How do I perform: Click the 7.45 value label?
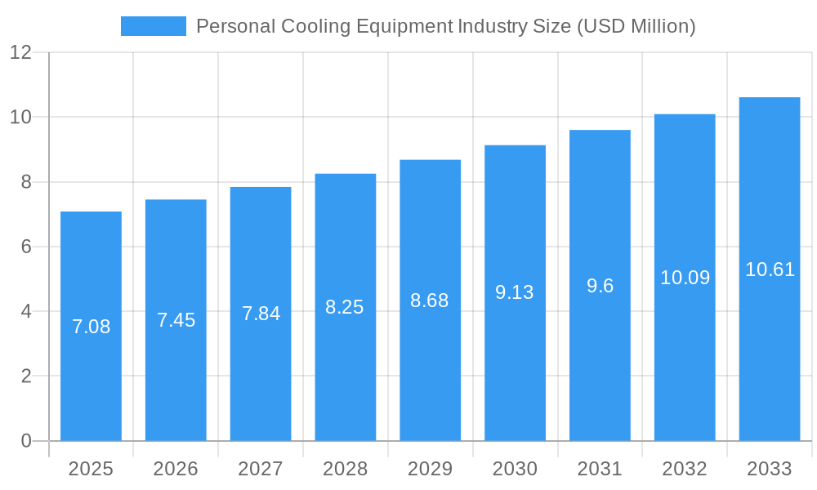(176, 320)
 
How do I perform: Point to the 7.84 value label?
(261, 314)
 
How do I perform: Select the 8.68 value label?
(430, 301)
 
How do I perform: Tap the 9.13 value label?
(515, 292)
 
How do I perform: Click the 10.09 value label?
(685, 278)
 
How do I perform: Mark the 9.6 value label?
(600, 286)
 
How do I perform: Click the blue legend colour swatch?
(153, 26)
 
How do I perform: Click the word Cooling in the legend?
(313, 26)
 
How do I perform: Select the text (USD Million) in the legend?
(636, 26)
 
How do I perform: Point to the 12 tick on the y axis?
(20, 52)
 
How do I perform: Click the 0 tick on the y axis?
(25, 441)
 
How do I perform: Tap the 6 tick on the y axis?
(25, 247)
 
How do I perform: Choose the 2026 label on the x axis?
(176, 469)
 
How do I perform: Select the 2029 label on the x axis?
(430, 469)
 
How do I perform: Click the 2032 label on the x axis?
(685, 469)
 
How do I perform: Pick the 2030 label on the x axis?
(515, 469)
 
